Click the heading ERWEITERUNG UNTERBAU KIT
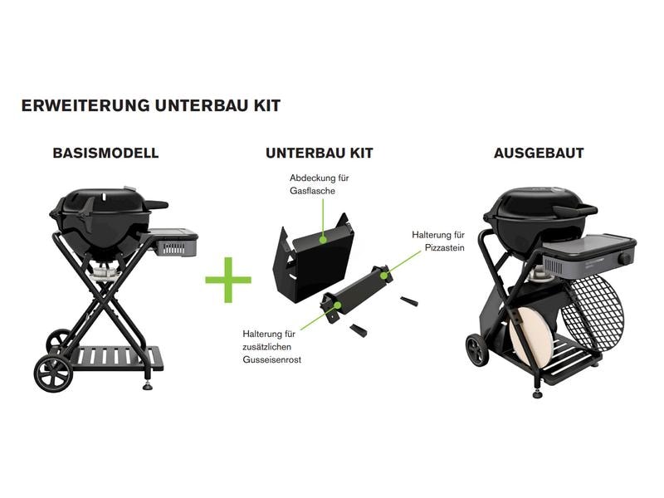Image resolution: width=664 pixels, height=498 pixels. (150, 106)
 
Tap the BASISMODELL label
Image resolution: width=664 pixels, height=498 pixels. (105, 154)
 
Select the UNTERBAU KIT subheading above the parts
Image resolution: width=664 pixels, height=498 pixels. (320, 154)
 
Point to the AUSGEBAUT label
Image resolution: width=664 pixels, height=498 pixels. (539, 154)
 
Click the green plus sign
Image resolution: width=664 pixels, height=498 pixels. (228, 280)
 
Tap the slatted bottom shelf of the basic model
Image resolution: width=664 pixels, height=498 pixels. (116, 358)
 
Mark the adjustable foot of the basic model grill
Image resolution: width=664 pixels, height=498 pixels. (148, 383)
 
